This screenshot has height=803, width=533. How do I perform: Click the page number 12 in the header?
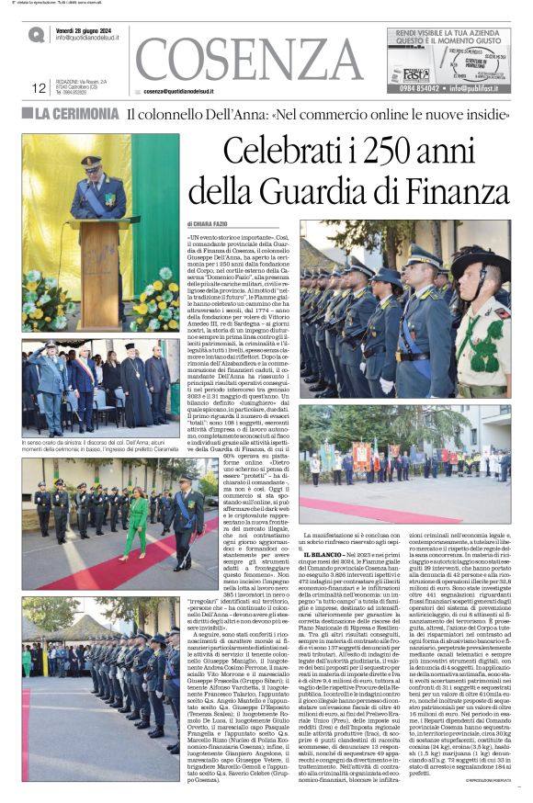39,88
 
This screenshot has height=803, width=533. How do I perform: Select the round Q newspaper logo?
36,34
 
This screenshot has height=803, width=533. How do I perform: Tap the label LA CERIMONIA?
77,115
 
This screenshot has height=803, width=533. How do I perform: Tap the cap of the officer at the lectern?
92,163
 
